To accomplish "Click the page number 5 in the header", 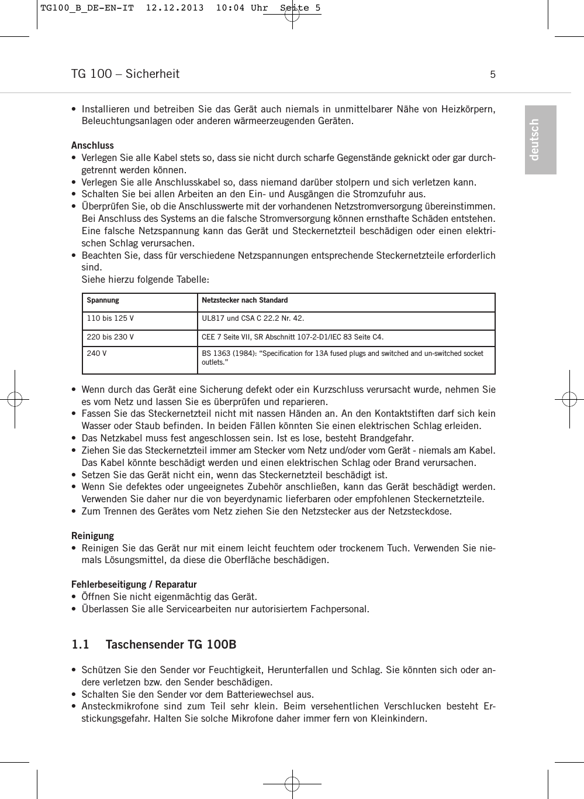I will pos(493,74).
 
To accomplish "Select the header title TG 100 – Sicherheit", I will pos(125,74).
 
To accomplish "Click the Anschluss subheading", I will pos(92,145).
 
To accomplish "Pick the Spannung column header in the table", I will pos(103,300).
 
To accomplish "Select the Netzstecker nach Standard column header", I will pos(244,300).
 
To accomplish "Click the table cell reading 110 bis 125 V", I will pos(110,319).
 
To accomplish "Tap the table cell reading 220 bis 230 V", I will pos(110,337).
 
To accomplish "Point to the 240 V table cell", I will pos(96,354).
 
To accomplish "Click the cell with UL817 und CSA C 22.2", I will pos(253,319).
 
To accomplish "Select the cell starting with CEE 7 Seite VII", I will pos(292,337).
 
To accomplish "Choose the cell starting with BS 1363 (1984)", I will pos(343,358).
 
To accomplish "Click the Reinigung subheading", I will pos(92,536).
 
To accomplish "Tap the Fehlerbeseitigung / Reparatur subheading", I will pos(134,584).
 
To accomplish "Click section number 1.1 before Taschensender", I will pos(80,644).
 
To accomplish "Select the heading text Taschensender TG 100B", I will pos(171,644).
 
